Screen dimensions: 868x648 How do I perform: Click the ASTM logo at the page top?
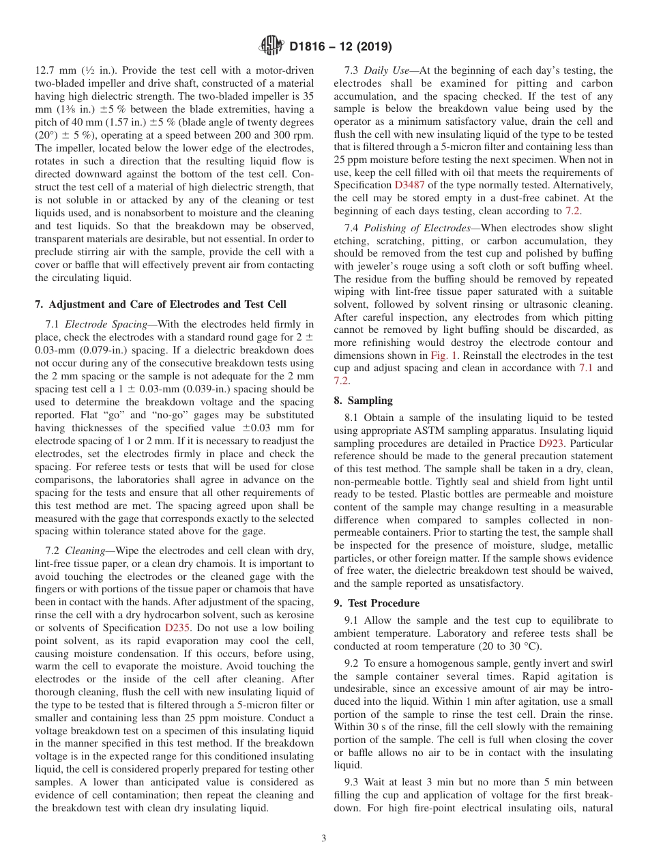[x=271, y=46]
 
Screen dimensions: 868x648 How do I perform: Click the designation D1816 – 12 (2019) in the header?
[x=340, y=47]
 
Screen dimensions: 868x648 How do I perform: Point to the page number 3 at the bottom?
[x=324, y=839]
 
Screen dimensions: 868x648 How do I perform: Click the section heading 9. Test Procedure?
[x=377, y=603]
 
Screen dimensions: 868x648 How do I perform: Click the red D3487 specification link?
[x=409, y=185]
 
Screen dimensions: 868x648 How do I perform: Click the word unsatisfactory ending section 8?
[x=487, y=583]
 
